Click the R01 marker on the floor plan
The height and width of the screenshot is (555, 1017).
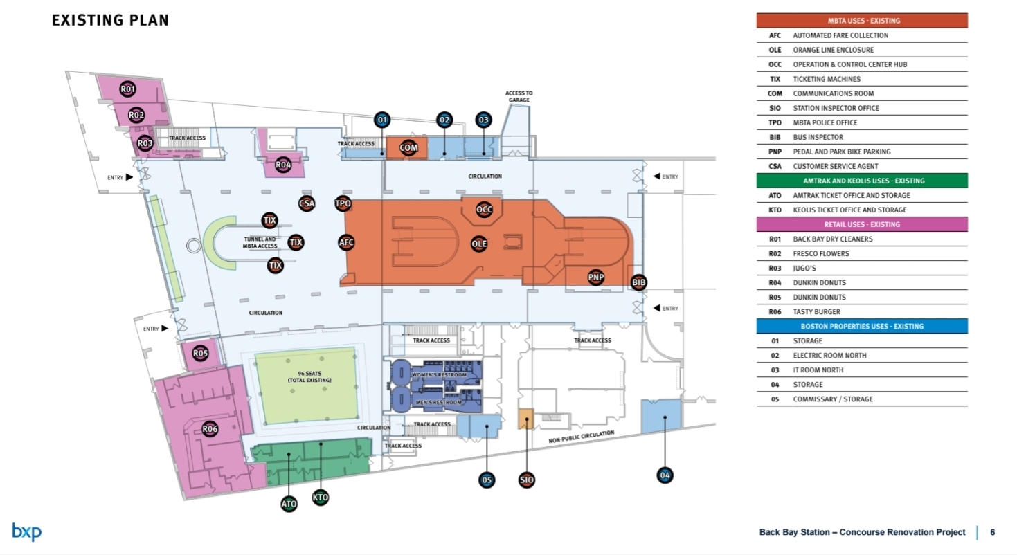click(x=128, y=89)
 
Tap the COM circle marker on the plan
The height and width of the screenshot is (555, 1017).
click(x=408, y=147)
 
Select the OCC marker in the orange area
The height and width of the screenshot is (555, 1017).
click(x=485, y=209)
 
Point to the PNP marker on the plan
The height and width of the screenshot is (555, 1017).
click(x=596, y=277)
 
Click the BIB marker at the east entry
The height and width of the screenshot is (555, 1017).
click(x=639, y=282)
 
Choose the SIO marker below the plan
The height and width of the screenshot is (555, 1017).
click(x=526, y=480)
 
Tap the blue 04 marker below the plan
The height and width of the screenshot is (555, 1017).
click(x=665, y=475)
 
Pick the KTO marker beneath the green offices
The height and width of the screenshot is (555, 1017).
click(x=320, y=497)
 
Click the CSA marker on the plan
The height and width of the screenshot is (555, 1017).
click(x=307, y=203)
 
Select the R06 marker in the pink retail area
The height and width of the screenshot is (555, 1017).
click(x=210, y=429)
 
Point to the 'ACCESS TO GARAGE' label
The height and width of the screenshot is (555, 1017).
click(x=519, y=96)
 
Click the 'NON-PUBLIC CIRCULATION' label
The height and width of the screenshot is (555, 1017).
click(x=582, y=436)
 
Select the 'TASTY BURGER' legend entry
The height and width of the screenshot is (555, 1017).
click(x=817, y=312)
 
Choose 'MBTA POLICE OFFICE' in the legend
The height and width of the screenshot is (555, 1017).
click(x=825, y=122)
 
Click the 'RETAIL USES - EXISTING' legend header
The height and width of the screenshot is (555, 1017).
click(x=861, y=224)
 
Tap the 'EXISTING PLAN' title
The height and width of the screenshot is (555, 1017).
click(x=110, y=20)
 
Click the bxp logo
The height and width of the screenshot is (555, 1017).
click(x=27, y=531)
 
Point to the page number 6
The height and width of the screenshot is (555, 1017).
click(x=992, y=532)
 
